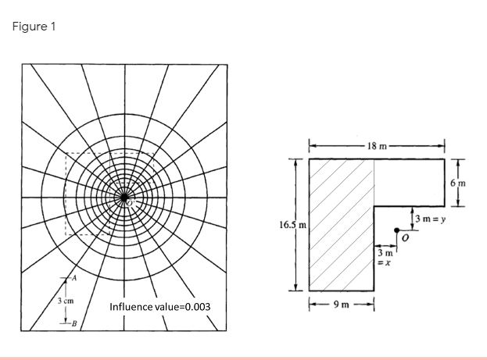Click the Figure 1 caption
click(x=34, y=27)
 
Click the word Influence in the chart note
click(x=131, y=307)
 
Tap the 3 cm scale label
click(x=65, y=301)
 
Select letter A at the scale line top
click(x=75, y=278)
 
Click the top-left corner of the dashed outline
click(x=66, y=153)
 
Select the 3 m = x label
click(x=384, y=258)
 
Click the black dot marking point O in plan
click(x=397, y=230)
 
